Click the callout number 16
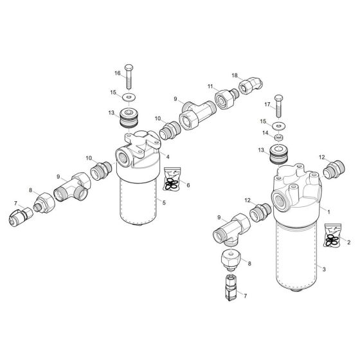pos(118,73)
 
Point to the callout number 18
pos(235,75)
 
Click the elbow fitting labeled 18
pos(248,85)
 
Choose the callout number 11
pos(210,85)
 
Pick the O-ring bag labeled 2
pos(332,236)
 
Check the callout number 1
pos(328,211)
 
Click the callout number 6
pos(187,185)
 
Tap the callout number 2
pos(348,242)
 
